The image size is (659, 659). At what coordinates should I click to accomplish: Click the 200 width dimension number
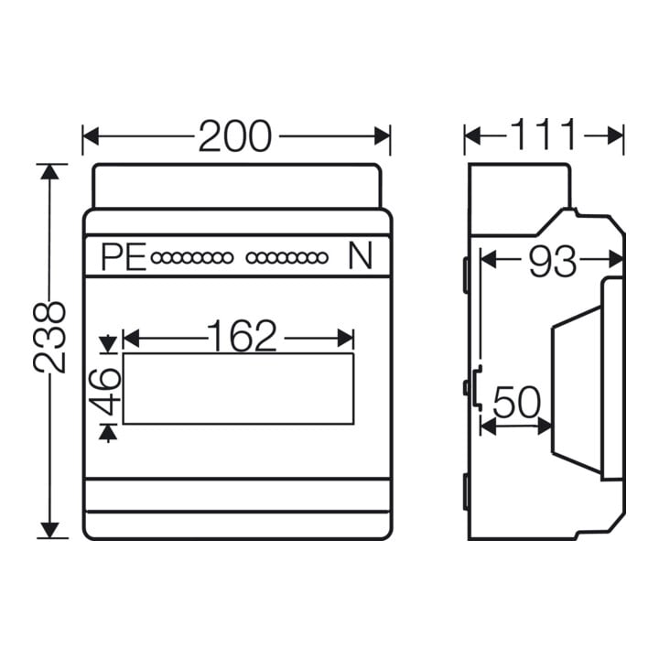pos(235,136)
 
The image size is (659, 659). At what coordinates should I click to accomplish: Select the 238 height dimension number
pos(50,338)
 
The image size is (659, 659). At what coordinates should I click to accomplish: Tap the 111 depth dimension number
pos(544,135)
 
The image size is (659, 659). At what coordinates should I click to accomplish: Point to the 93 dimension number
pos(552,262)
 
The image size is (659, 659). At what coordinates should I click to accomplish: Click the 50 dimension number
pos(516,403)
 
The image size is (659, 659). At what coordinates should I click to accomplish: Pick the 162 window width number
pos(242,336)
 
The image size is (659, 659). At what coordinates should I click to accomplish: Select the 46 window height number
pos(105,391)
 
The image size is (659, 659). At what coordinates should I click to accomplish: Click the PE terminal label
pos(124,257)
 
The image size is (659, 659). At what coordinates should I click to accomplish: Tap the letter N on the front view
pos(361,257)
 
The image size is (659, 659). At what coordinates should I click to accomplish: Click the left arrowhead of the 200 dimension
pos(91,136)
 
